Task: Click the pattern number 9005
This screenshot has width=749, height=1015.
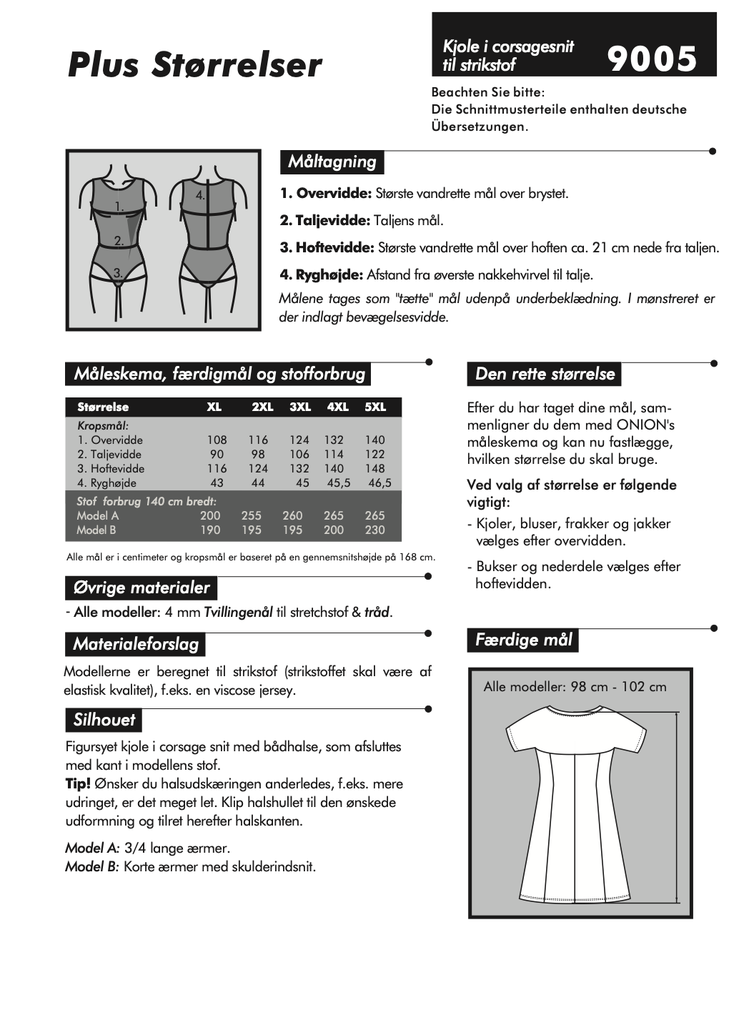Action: pyautogui.click(x=652, y=59)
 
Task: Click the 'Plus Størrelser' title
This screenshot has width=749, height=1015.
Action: pyautogui.click(x=194, y=64)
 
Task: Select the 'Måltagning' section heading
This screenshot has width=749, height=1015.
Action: pyautogui.click(x=332, y=162)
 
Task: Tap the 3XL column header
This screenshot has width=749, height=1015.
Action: pyautogui.click(x=300, y=407)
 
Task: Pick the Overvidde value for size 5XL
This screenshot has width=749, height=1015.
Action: pyautogui.click(x=374, y=440)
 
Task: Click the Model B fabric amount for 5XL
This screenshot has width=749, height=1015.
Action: pyautogui.click(x=374, y=530)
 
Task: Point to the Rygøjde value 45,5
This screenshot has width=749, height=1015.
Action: pyautogui.click(x=338, y=482)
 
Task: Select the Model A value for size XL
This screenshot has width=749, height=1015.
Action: pyautogui.click(x=210, y=515)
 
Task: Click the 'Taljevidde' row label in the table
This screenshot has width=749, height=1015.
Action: pyautogui.click(x=109, y=454)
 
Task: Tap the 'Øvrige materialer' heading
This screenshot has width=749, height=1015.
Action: pyautogui.click(x=141, y=588)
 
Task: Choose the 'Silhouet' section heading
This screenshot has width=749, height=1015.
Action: pyautogui.click(x=104, y=720)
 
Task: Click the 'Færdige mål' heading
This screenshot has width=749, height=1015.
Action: pyautogui.click(x=523, y=640)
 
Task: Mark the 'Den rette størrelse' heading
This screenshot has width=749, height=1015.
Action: pyautogui.click(x=545, y=374)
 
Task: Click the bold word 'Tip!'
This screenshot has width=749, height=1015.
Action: pyautogui.click(x=78, y=783)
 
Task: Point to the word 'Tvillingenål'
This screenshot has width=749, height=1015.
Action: pyautogui.click(x=238, y=612)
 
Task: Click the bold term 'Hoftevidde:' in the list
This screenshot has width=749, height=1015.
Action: pyautogui.click(x=327, y=247)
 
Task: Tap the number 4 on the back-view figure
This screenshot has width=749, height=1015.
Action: pyautogui.click(x=201, y=194)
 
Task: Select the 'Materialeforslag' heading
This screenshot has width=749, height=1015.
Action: pyautogui.click(x=136, y=644)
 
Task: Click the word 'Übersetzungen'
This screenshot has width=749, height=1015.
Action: pyautogui.click(x=477, y=127)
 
